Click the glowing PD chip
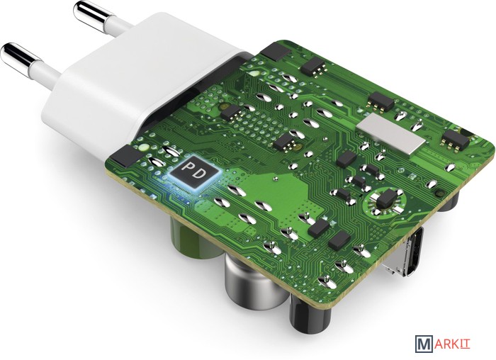click(x=193, y=172)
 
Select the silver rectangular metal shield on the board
click(x=390, y=135)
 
